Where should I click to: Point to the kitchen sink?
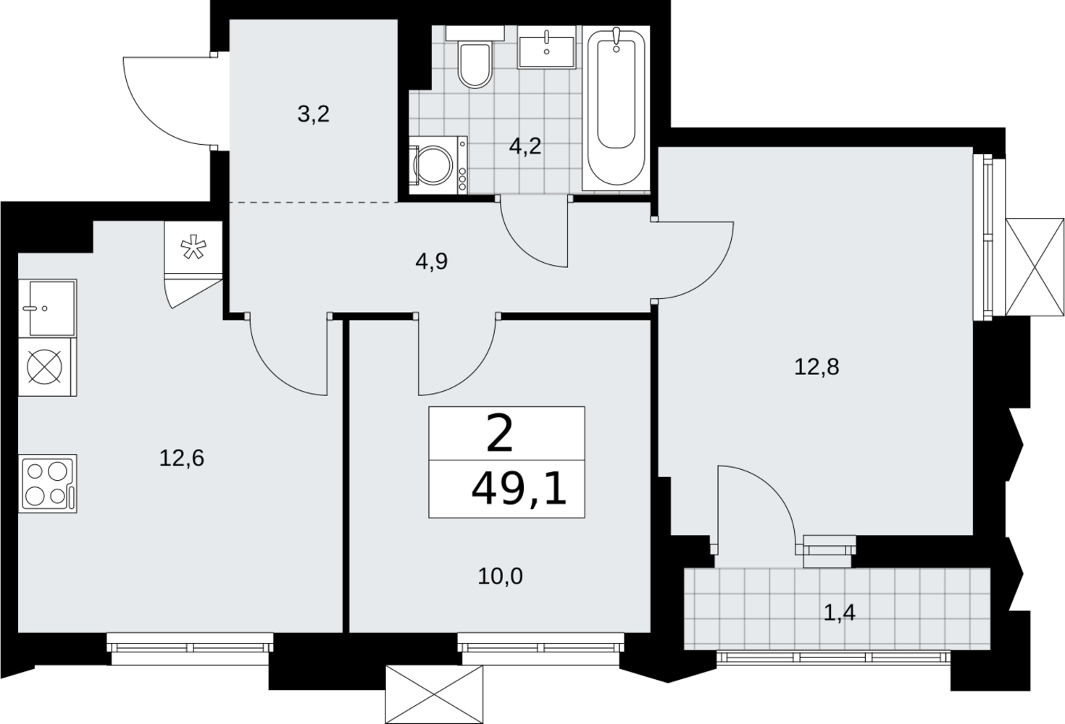(x=48, y=308)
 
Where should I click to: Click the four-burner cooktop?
(x=48, y=483)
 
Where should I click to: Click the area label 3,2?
(x=313, y=114)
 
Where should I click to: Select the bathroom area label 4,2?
(x=525, y=147)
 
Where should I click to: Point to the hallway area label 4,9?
(x=432, y=262)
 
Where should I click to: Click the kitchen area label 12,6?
(x=182, y=458)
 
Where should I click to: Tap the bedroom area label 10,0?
(x=500, y=576)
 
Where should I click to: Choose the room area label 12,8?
(x=816, y=367)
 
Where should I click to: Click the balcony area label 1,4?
(x=839, y=613)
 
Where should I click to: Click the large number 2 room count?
(x=500, y=433)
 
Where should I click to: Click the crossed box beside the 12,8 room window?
(x=1035, y=266)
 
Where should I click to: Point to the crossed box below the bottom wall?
(x=434, y=694)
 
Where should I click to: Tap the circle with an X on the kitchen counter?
(x=45, y=367)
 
